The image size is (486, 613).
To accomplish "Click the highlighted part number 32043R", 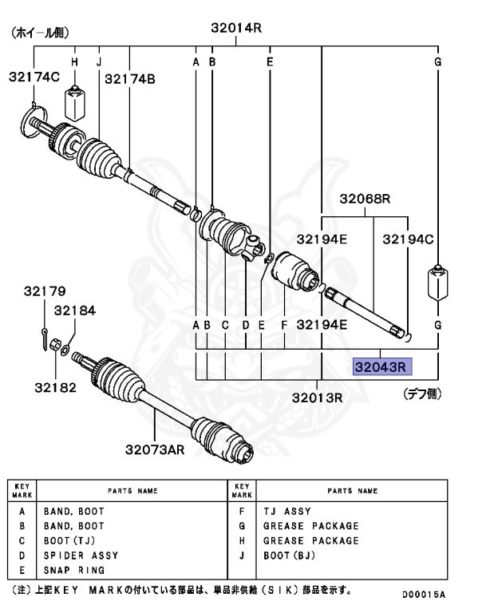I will click(381, 367).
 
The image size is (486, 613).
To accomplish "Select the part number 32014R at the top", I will click(236, 28).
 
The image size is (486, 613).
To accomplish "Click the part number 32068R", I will click(365, 199).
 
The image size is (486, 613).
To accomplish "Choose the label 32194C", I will click(407, 239).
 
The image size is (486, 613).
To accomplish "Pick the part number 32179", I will click(38, 291).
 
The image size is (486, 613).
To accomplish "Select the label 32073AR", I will click(155, 449).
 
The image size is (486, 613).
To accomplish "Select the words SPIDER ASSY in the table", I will click(81, 555).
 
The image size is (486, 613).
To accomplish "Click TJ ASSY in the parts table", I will click(287, 511).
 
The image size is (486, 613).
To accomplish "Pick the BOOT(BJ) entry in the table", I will click(290, 555).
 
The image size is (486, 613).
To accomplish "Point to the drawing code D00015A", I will click(423, 595).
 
